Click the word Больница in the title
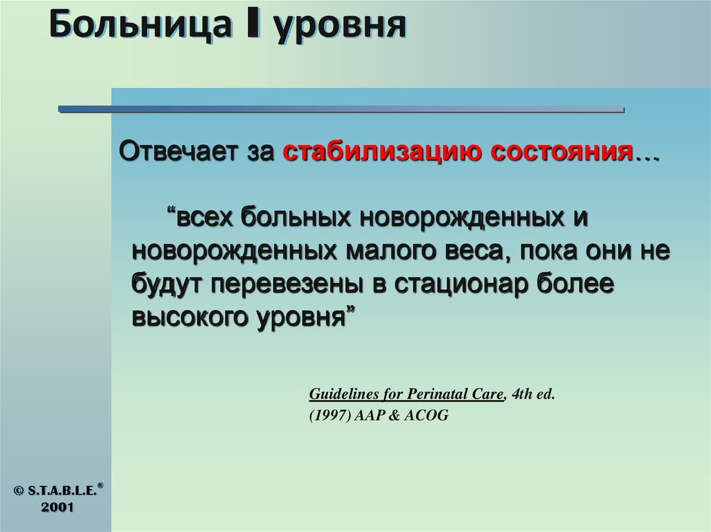click(139, 26)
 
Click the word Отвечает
click(178, 151)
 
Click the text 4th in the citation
click(521, 395)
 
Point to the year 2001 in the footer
click(58, 508)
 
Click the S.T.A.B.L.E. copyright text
click(64, 490)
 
